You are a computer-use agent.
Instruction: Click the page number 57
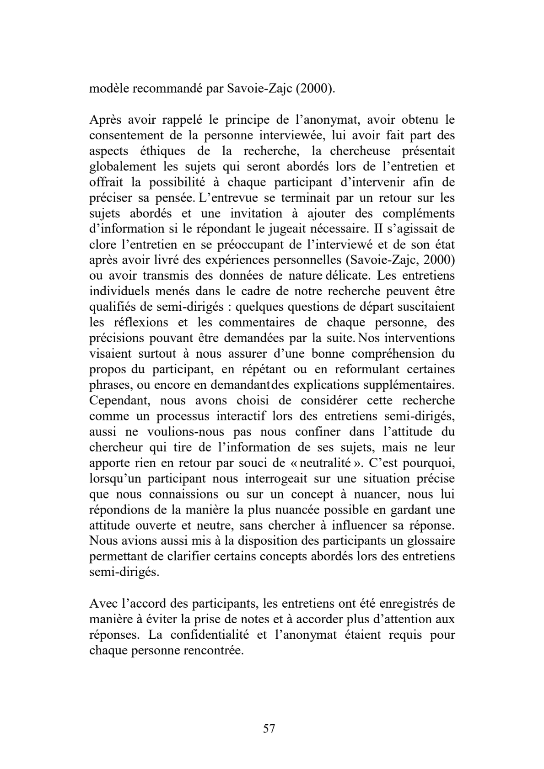[x=269, y=728]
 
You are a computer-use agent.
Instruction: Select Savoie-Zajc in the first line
[x=260, y=89]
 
